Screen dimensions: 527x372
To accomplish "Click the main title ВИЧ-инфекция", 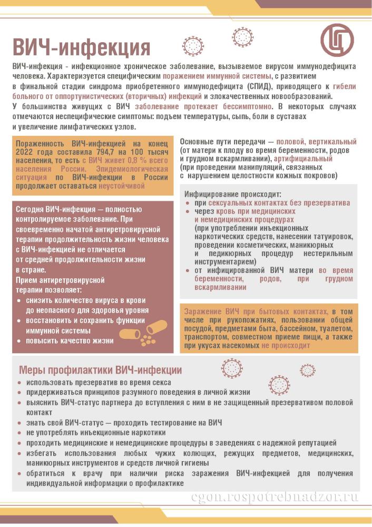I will point(82,47).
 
